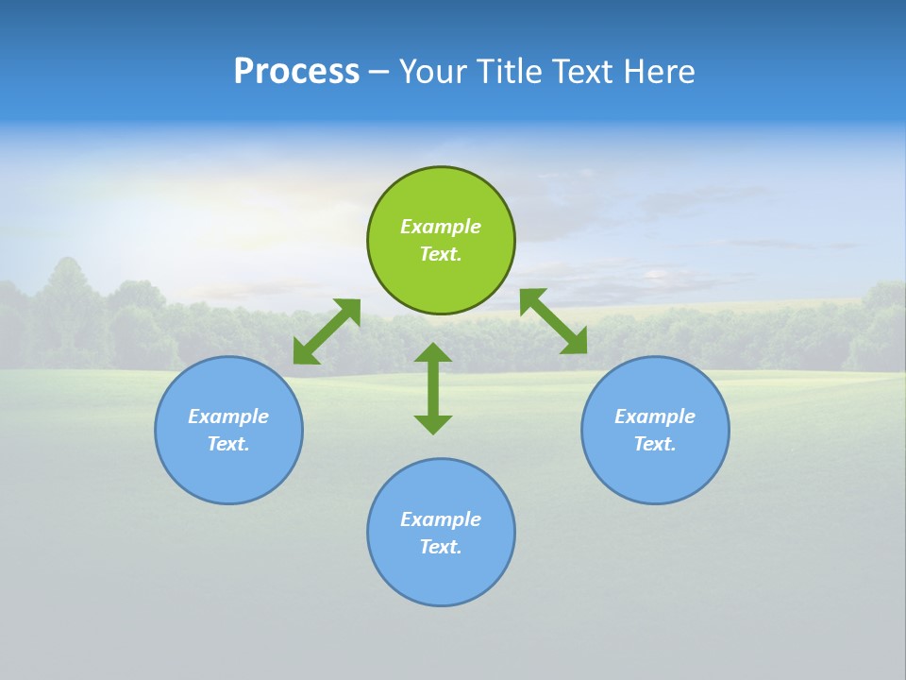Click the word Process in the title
pos(296,72)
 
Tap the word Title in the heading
pos(510,72)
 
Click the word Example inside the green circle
pos(441,227)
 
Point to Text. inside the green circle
pos(441,254)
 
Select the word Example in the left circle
pos(228,416)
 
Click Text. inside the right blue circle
pos(655,444)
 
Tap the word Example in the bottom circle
pos(441,519)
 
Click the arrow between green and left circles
pos(327,331)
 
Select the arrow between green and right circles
pos(553,321)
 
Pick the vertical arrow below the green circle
pos(433,388)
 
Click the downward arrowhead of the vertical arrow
pos(433,423)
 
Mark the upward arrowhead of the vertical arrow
pos(433,354)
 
